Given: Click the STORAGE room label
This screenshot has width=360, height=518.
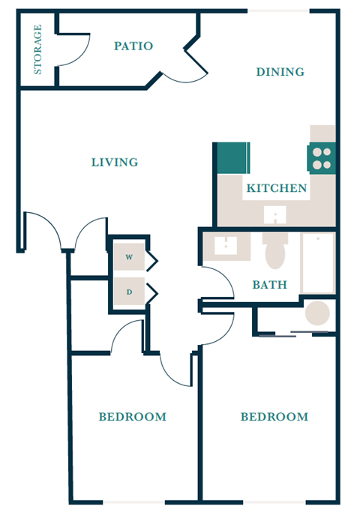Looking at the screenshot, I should (37, 49).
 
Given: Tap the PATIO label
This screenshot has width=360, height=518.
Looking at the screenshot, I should (133, 46).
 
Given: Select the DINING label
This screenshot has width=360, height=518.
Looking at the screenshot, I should (280, 72).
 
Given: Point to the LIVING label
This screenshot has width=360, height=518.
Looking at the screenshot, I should (115, 162).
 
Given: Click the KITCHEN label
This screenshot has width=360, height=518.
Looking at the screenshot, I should (277, 188).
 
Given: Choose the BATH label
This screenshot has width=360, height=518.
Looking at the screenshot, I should (268, 285).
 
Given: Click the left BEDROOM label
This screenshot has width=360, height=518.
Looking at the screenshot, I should (133, 417).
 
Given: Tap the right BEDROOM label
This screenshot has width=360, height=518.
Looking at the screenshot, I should (274, 417).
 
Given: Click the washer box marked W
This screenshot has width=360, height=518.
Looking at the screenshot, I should (129, 258).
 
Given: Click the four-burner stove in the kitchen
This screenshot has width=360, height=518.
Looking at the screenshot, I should (322, 158).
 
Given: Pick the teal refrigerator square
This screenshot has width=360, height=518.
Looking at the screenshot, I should (233, 158).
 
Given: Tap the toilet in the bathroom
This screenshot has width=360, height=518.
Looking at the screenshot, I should (275, 252).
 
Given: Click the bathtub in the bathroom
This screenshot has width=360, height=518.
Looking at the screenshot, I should (317, 263).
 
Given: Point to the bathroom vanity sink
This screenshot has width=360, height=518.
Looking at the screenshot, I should (224, 245).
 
